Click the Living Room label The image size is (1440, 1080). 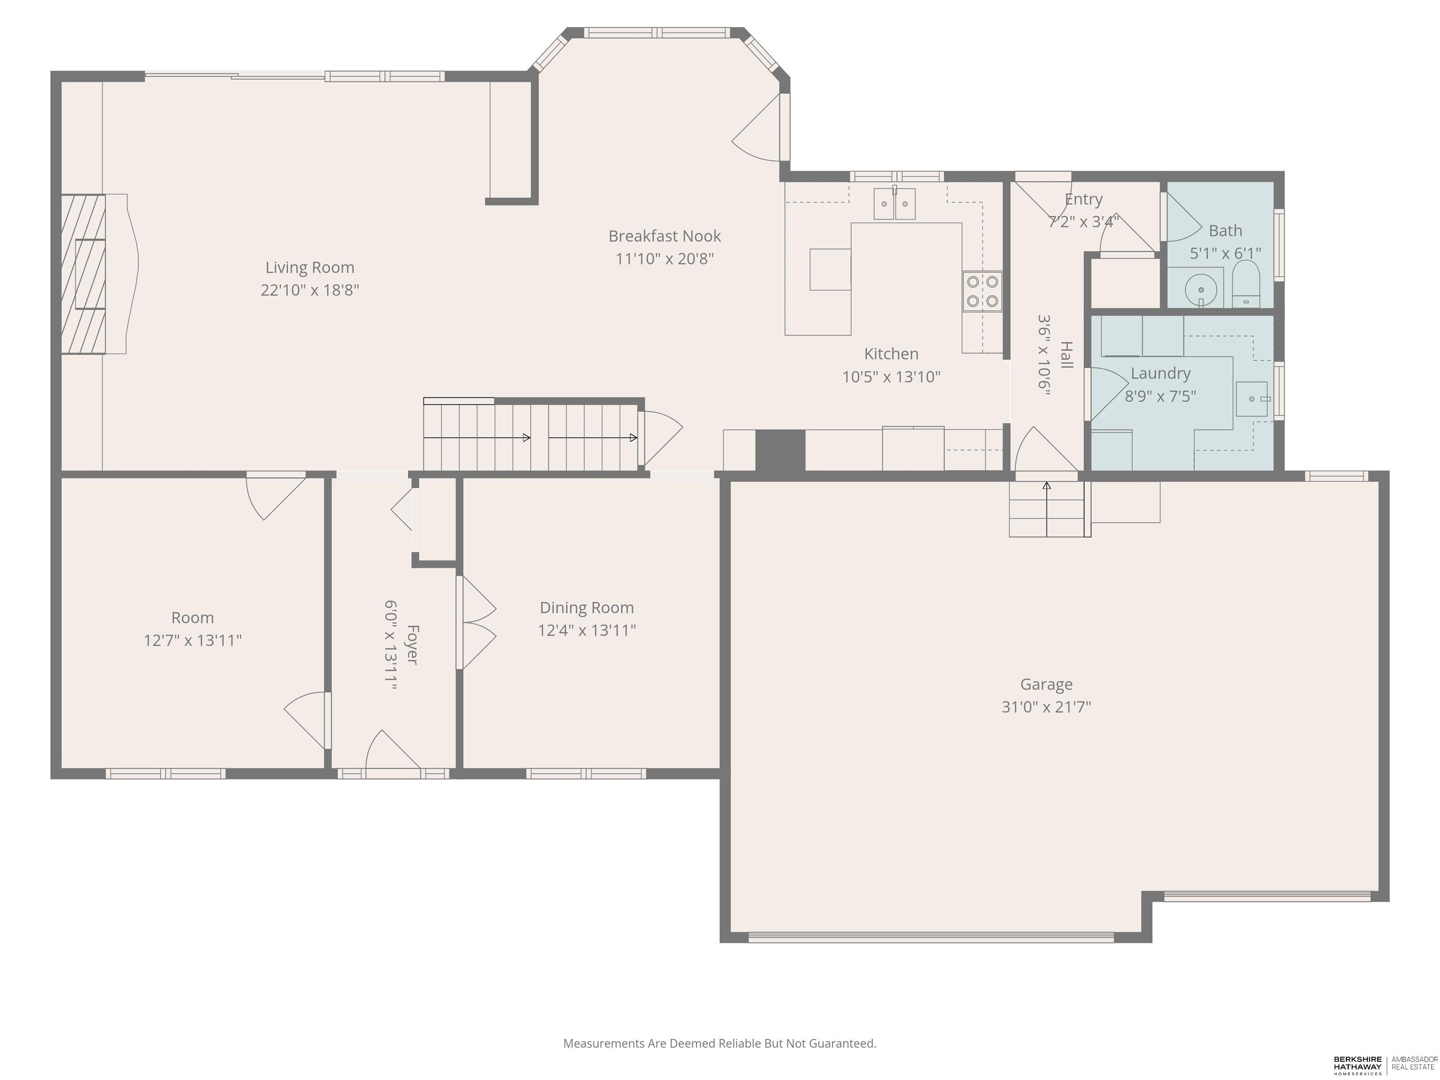(x=310, y=268)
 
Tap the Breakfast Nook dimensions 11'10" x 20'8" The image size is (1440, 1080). (x=665, y=258)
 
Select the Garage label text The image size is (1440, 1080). (x=1046, y=685)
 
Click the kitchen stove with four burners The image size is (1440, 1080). (x=982, y=291)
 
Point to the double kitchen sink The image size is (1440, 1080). (x=894, y=203)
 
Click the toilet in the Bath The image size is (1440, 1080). (x=1246, y=285)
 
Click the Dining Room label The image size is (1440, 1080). (x=586, y=608)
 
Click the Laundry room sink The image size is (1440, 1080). (x=1252, y=399)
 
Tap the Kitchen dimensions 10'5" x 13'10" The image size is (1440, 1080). (x=891, y=377)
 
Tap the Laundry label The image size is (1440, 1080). (x=1160, y=374)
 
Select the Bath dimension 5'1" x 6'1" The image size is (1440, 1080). (x=1225, y=253)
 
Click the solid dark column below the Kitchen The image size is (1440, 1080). (x=780, y=450)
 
